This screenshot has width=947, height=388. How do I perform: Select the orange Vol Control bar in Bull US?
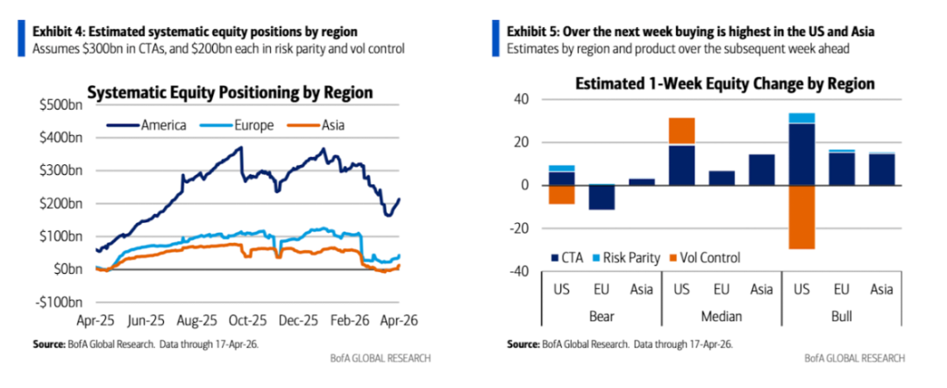(802, 217)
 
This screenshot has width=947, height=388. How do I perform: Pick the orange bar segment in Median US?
(681, 130)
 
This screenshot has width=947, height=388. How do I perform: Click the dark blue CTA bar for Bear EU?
(601, 198)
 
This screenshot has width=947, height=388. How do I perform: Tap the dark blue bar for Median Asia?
(762, 169)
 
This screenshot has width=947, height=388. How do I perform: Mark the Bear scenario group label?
(601, 313)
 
